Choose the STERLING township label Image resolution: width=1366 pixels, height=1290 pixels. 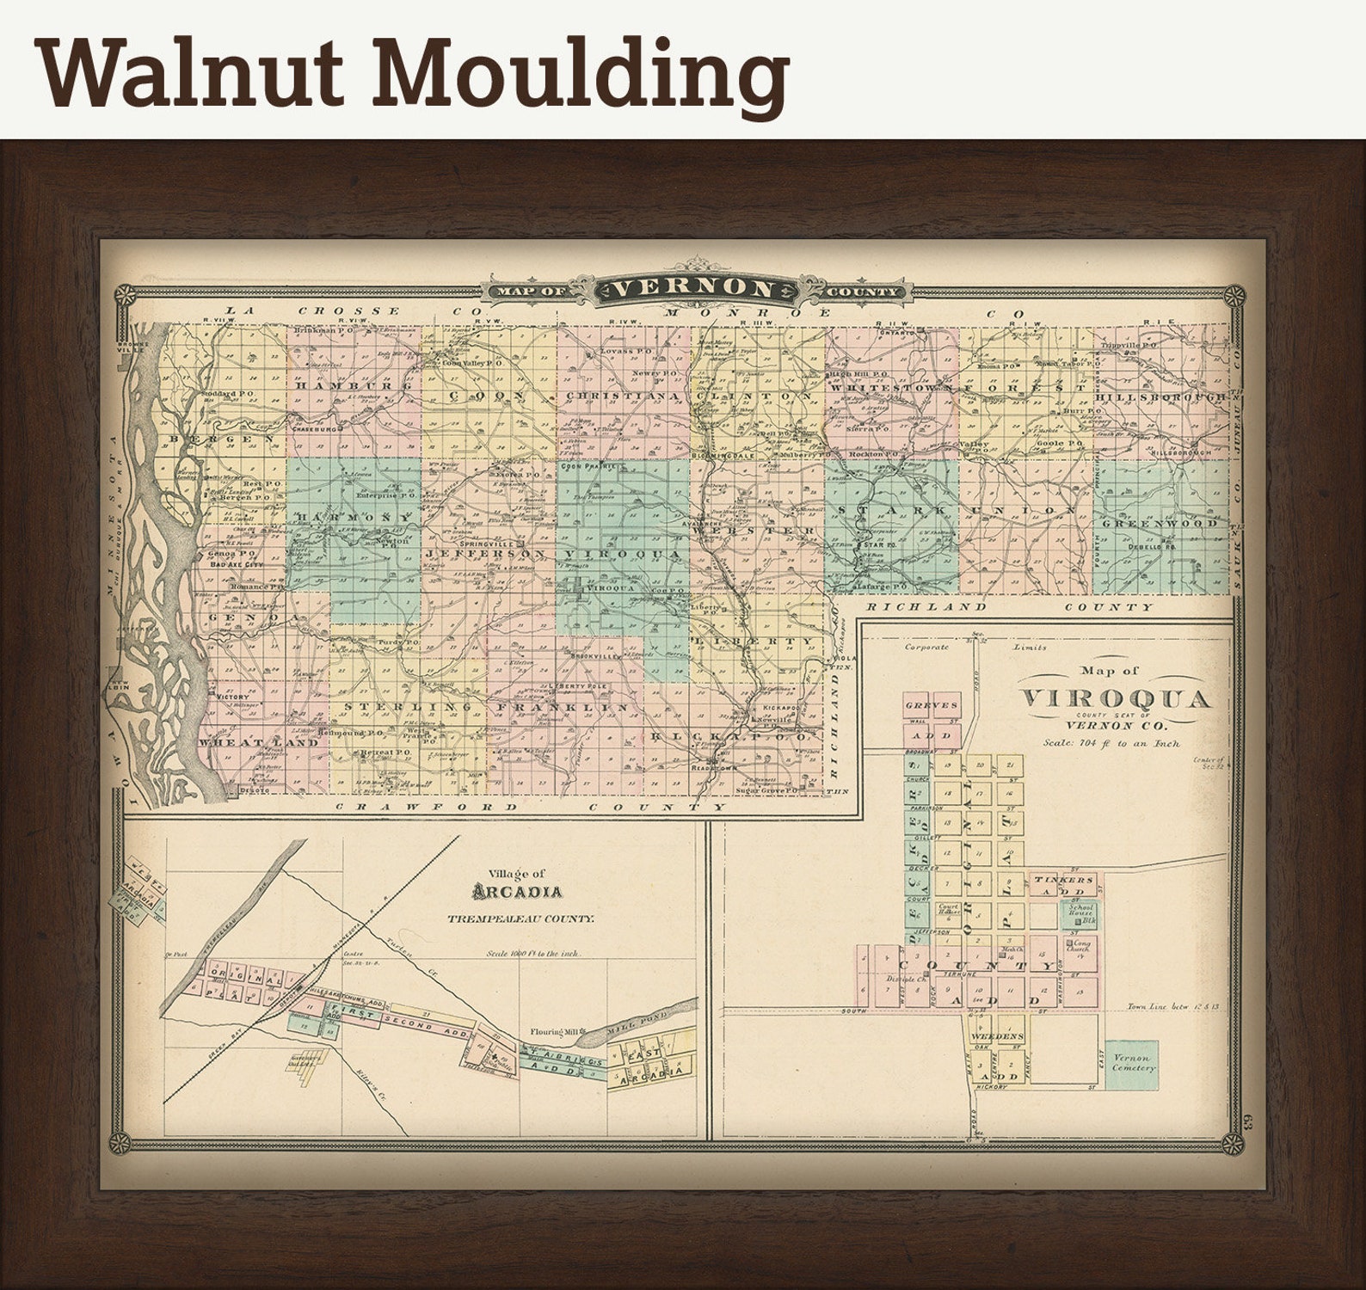click(408, 706)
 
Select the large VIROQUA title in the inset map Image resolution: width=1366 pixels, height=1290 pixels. click(1116, 698)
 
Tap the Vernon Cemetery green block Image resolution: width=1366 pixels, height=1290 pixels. click(1132, 1063)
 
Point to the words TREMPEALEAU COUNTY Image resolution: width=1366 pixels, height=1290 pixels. click(520, 918)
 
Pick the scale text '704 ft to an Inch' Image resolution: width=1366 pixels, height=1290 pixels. click(1111, 743)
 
